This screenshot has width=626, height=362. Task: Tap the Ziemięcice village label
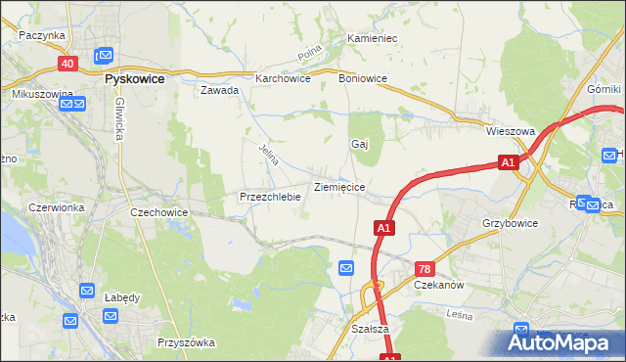point(339,186)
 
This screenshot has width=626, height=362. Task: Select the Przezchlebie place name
point(269,197)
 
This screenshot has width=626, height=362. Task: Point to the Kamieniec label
point(372,39)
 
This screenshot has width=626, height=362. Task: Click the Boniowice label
point(363,78)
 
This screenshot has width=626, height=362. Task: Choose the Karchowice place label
point(283,78)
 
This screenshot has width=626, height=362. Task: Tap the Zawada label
point(220,90)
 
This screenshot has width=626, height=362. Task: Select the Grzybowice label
point(511,223)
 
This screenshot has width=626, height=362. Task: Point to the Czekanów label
point(438,285)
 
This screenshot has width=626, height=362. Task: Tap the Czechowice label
point(158,212)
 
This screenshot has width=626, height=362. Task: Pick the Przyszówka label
point(185,343)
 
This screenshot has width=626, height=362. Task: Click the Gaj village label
point(359,144)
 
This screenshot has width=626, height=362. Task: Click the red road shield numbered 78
point(424,268)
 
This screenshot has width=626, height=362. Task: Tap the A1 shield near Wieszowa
point(507,163)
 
